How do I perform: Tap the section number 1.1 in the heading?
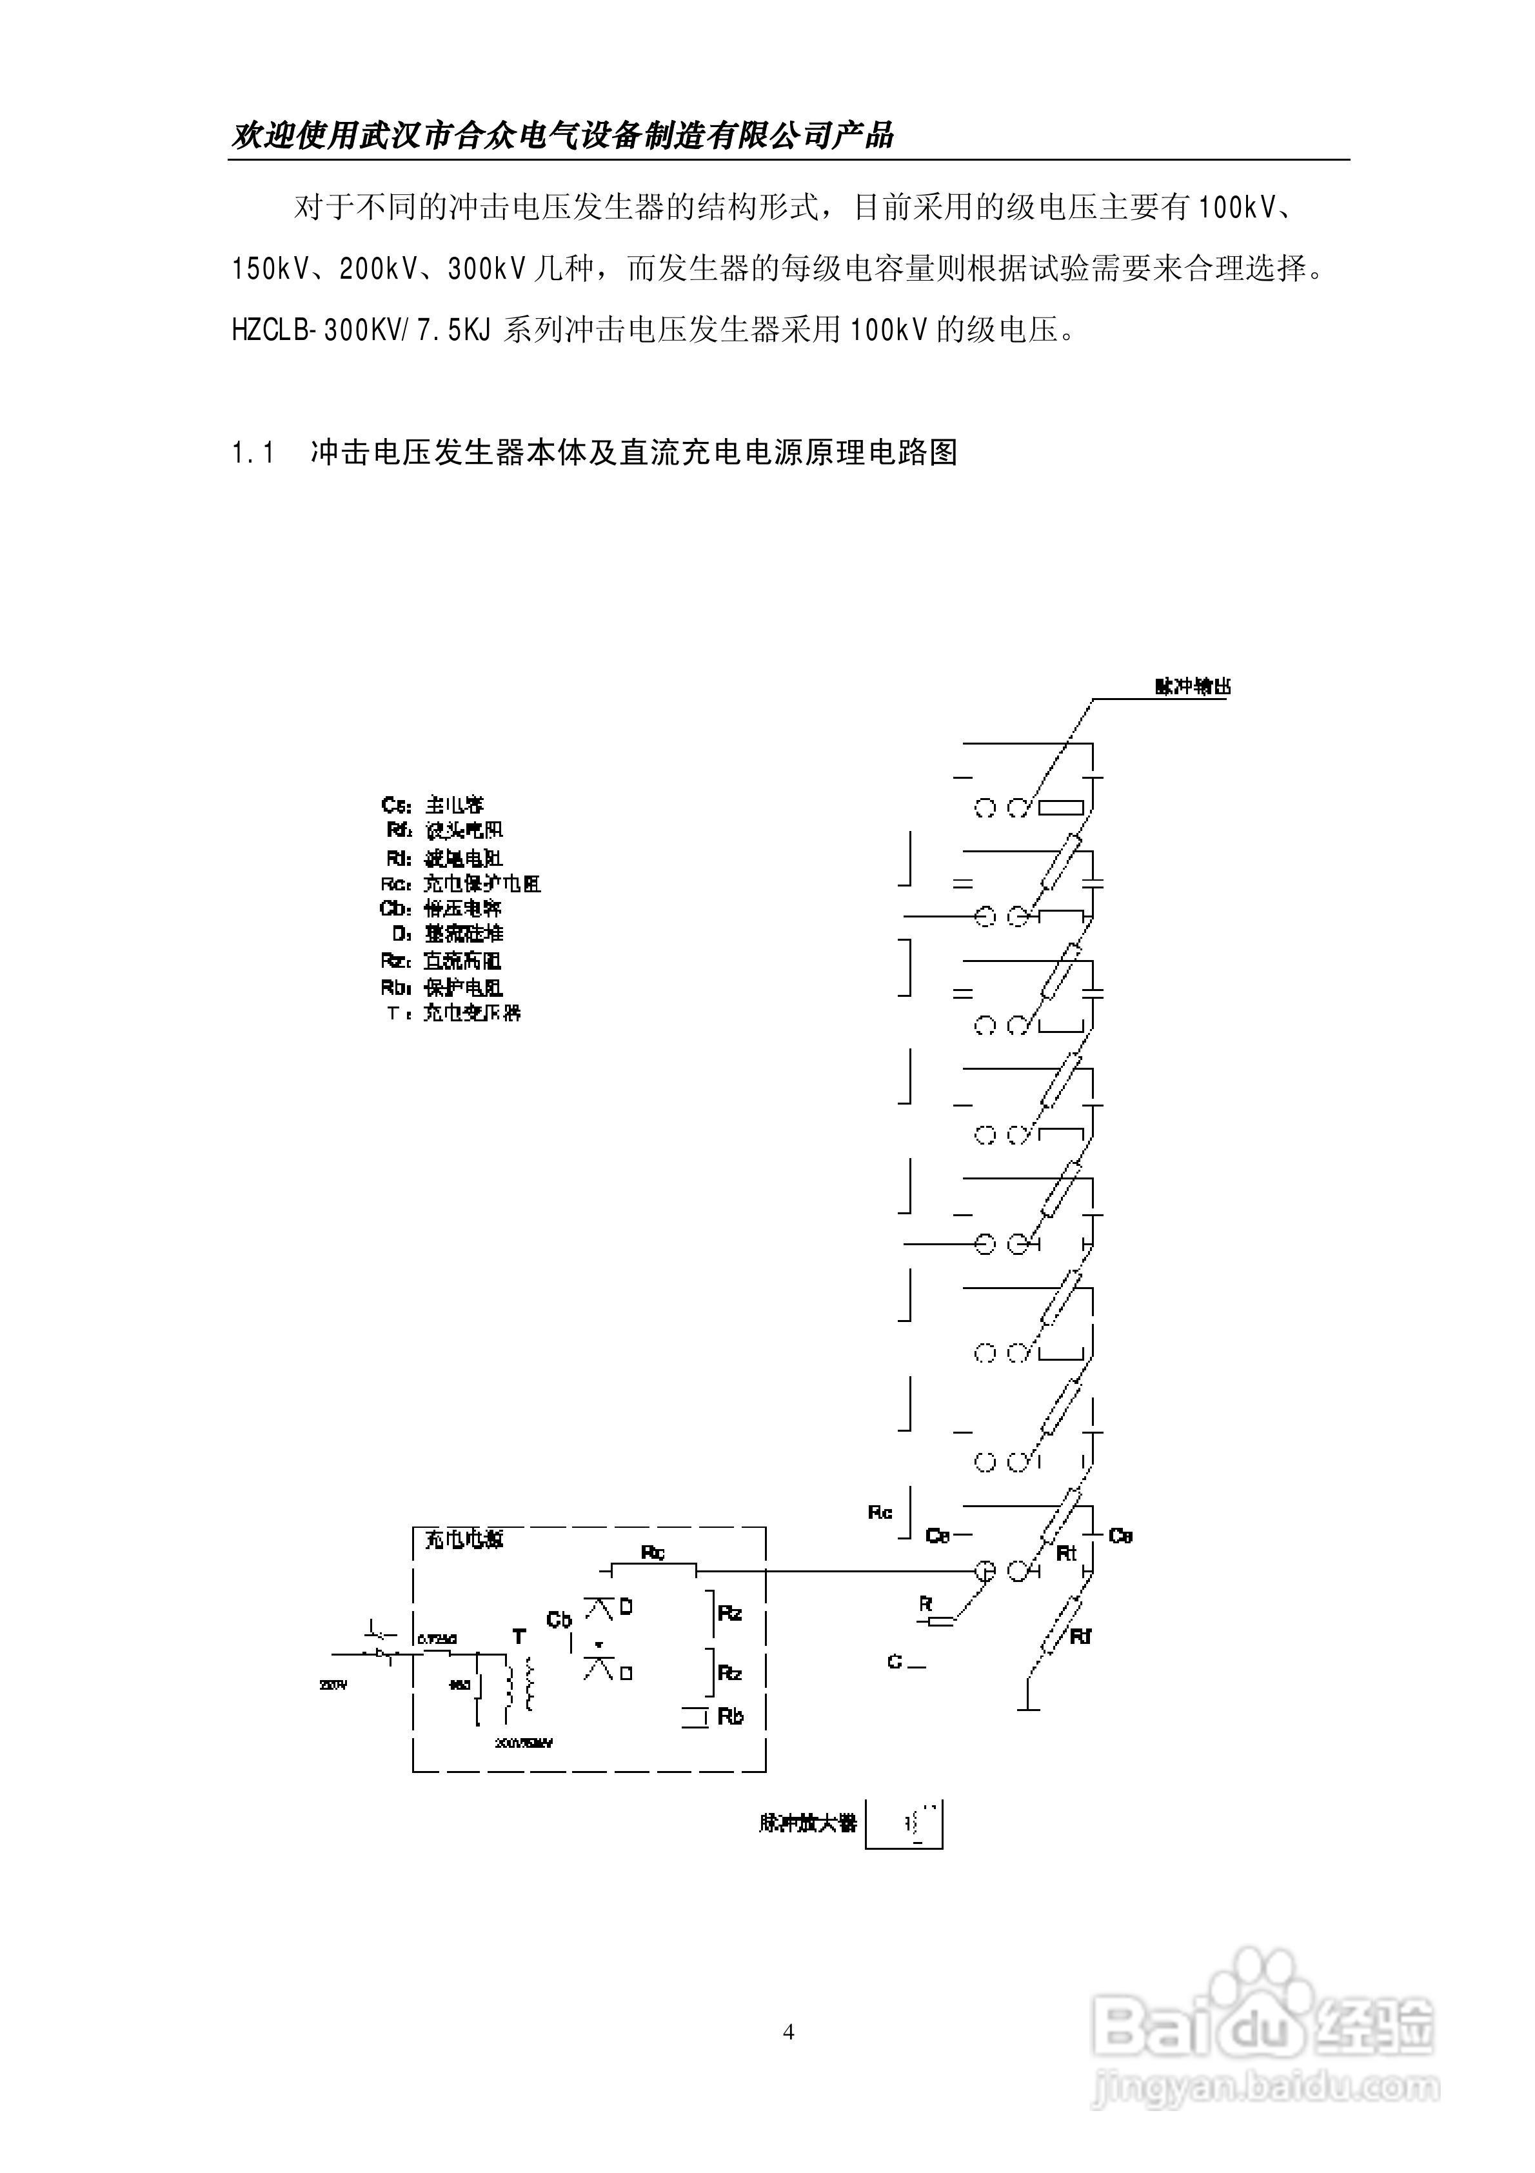[x=253, y=454]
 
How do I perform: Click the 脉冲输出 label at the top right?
[x=1193, y=688]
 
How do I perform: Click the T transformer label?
[x=519, y=1636]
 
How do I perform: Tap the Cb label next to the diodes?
[x=559, y=1619]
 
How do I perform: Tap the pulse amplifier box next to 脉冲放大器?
[x=904, y=1823]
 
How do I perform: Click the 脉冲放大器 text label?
[x=807, y=1823]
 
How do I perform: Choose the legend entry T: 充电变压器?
[x=454, y=1013]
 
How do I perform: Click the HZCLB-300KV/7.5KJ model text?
[x=362, y=330]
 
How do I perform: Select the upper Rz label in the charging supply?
[x=729, y=1614]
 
